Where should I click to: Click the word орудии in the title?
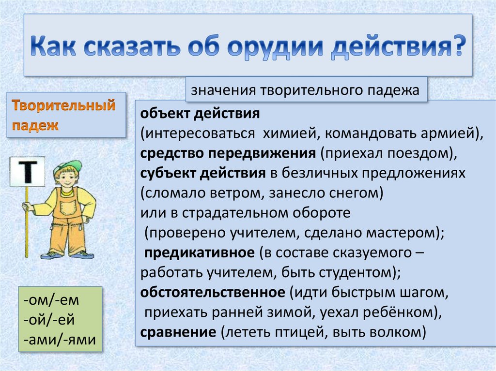[275, 46]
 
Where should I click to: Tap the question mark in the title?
[458, 45]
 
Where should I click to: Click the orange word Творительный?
[63, 105]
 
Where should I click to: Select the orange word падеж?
[35, 125]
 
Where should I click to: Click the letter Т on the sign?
[28, 172]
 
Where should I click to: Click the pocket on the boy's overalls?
[68, 209]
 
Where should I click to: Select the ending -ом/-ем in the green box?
[51, 300]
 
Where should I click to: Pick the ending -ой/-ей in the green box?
[49, 320]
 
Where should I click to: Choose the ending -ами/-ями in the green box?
[60, 340]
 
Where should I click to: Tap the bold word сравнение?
[178, 332]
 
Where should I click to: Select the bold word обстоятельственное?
[213, 292]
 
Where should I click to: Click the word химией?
[289, 134]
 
